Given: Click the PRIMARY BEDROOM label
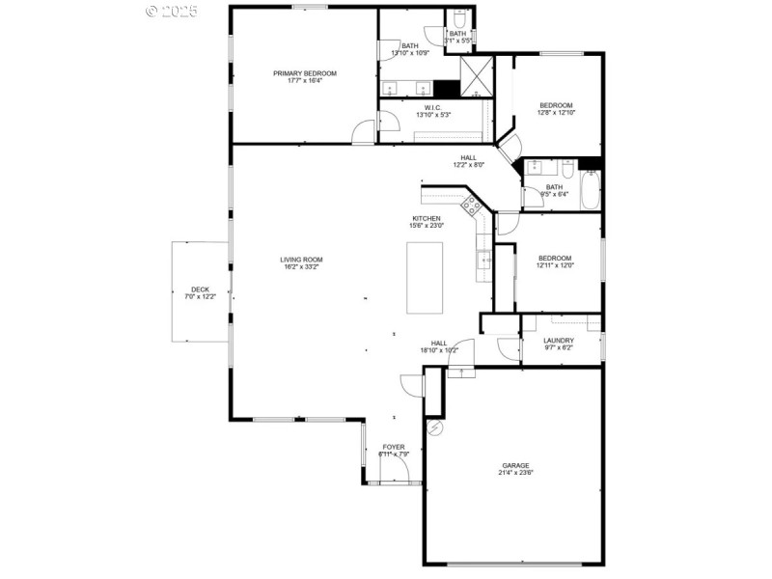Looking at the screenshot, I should [305, 73].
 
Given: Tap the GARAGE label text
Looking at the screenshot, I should [516, 465].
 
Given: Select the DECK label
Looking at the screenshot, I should [200, 289].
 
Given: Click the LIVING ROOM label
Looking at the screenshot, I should [302, 260].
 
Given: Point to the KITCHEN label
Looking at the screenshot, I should [427, 219].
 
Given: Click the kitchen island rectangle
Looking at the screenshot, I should [426, 277].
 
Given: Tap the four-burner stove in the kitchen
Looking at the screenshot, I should [472, 204].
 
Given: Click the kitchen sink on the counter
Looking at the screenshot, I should [484, 258].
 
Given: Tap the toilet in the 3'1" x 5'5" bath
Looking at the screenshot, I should [460, 18].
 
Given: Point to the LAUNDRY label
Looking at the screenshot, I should [559, 340].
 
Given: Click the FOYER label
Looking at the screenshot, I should [394, 447].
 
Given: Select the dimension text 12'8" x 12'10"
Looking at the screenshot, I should [556, 113].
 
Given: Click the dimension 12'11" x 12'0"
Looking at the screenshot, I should [555, 265].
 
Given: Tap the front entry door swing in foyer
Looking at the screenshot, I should [395, 470].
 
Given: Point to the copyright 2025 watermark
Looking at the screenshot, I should [171, 11].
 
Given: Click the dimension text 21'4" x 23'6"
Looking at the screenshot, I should [516, 473].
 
